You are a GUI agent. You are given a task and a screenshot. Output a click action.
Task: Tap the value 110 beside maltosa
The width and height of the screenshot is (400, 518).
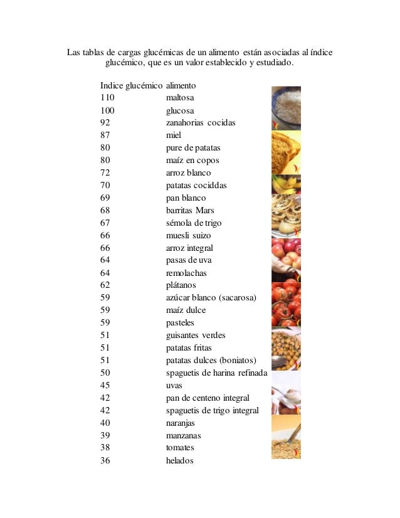point(107,98)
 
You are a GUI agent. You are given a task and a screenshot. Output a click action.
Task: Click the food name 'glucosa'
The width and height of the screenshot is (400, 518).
point(180,110)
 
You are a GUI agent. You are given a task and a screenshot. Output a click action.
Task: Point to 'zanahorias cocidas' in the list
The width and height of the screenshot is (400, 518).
point(201,123)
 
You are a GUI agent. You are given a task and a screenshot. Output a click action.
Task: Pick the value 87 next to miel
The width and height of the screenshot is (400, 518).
point(105,135)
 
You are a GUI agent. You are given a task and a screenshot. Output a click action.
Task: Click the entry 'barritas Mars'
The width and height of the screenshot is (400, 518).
point(190,210)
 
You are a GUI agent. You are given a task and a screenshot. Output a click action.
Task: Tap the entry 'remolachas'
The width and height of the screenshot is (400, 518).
point(186,273)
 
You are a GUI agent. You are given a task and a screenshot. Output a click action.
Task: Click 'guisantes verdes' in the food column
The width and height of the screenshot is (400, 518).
point(196,336)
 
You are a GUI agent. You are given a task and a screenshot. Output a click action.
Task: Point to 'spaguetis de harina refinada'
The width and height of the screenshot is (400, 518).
point(216,373)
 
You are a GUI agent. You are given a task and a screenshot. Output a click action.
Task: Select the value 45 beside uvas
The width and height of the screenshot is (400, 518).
point(105,386)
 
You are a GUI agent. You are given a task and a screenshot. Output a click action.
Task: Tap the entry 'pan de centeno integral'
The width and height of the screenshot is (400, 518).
point(208,398)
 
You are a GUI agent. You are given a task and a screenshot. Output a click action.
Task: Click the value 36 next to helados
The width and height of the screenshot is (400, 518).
point(105,461)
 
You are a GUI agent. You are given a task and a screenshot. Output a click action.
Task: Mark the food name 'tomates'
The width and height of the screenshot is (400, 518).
point(180,448)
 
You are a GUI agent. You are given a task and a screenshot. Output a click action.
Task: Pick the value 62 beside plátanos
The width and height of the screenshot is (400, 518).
point(105,285)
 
